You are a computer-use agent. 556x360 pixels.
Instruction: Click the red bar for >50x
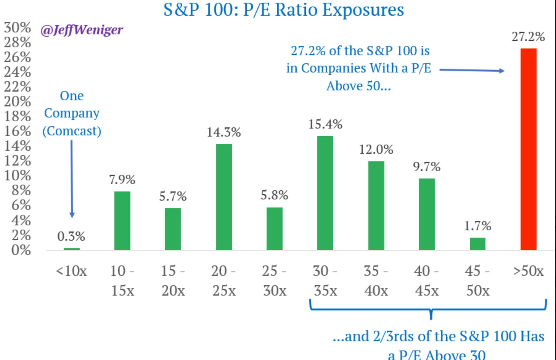pos(528,149)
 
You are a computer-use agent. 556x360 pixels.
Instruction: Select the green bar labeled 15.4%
pos(325,193)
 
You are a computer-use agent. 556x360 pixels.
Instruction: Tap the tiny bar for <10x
pos(72,249)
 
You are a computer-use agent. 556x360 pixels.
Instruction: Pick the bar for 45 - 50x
pos(478,244)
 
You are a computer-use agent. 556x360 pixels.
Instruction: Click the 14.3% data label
pos(224,132)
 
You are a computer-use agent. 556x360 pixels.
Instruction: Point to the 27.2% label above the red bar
pos(528,37)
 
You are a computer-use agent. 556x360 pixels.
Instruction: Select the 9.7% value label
pos(427,166)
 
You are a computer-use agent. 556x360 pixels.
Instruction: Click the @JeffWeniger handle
pos(82,30)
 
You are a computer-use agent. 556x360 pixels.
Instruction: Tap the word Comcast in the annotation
pos(72,131)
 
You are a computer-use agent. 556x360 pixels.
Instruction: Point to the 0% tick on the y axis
pos(21,250)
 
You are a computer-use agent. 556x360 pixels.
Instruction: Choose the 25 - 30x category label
pos(274,280)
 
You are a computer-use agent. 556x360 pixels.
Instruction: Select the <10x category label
pos(71,271)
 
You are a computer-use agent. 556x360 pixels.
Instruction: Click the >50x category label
pos(528,271)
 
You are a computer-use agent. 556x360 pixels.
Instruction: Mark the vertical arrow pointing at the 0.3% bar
pos(72,179)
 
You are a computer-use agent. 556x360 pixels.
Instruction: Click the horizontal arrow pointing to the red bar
pos(472,70)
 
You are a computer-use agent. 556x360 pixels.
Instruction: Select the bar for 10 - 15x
pos(122,220)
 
